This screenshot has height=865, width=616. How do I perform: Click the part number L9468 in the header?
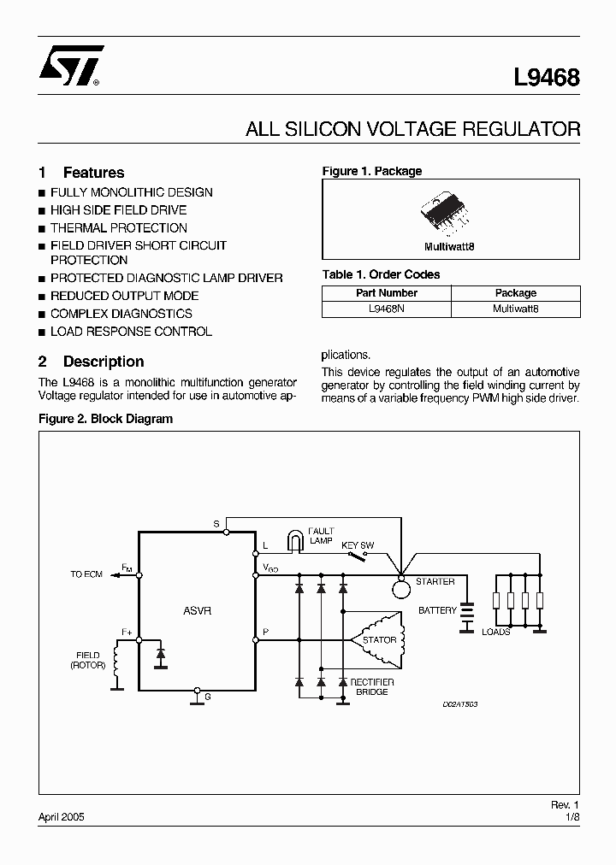[547, 78]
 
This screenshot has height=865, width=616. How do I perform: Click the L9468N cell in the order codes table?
[385, 309]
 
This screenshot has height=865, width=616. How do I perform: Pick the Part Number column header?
[385, 292]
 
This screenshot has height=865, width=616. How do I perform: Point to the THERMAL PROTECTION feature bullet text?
[118, 228]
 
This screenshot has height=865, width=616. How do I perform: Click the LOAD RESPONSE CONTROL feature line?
[131, 332]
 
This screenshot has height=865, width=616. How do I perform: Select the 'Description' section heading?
[104, 362]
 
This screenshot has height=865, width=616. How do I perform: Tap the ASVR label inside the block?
[197, 611]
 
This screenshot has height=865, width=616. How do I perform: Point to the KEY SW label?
[358, 544]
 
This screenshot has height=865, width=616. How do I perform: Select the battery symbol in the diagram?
[467, 617]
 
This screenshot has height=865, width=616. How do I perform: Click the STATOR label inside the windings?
[379, 640]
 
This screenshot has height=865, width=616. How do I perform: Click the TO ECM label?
[86, 574]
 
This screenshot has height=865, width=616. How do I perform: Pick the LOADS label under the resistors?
[496, 632]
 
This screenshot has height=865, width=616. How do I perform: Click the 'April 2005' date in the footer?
[62, 816]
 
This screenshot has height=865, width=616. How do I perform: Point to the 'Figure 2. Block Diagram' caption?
[106, 419]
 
